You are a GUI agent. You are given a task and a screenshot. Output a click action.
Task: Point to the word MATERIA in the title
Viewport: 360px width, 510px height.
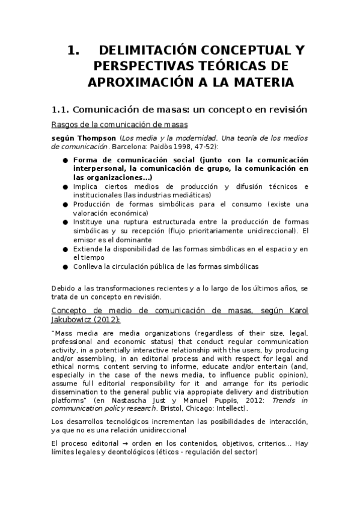pos(263,82)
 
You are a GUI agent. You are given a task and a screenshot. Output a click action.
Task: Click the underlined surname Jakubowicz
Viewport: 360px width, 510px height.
pos(72,319)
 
